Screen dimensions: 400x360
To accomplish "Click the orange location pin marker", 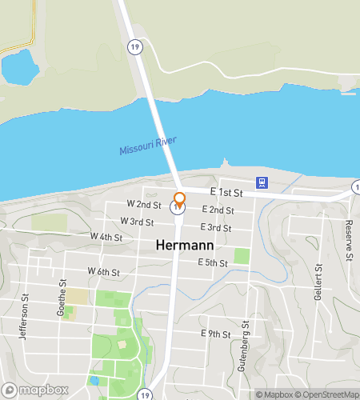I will tap(179, 199).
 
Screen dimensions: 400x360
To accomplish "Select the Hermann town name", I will tap(178, 245).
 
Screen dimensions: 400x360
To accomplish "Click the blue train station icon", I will tap(261, 182).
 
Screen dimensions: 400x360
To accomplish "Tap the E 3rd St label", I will tap(216, 228).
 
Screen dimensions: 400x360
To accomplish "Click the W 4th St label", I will tap(106, 237).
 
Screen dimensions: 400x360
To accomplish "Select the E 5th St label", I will tap(213, 262).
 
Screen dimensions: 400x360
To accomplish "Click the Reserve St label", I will tap(350, 241).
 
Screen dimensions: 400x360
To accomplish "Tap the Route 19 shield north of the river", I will tap(137, 46).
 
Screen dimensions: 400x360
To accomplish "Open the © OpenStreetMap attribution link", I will tap(326, 394).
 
